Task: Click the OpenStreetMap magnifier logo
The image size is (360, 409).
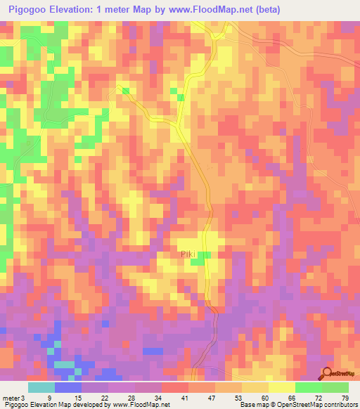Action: pyautogui.click(x=328, y=374)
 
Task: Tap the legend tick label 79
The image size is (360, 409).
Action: pyautogui.click(x=345, y=398)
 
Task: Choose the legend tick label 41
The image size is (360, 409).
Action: pyautogui.click(x=185, y=398)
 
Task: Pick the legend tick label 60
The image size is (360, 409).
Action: pyautogui.click(x=266, y=398)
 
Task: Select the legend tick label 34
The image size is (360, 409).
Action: pyautogui.click(x=158, y=398)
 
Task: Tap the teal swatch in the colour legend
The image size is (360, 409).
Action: pyautogui.click(x=41, y=387)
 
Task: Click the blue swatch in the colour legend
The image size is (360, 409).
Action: pyautogui.click(x=68, y=387)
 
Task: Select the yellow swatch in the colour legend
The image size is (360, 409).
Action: pyautogui.click(x=281, y=387)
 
